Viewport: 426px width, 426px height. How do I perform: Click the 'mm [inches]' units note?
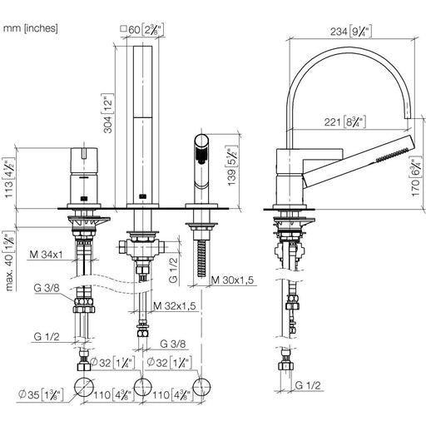point(31,28)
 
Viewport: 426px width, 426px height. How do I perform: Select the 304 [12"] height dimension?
point(108,113)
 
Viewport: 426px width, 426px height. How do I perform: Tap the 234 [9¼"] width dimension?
point(350,32)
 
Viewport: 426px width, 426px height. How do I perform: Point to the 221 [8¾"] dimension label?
point(344,122)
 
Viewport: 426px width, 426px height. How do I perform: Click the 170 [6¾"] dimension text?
point(417,177)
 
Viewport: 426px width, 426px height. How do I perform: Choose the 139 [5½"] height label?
point(232,166)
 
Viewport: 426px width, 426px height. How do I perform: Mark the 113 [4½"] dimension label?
point(9,178)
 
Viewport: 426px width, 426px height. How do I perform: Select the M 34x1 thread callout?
point(46,255)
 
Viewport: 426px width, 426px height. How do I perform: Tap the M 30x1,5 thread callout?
point(232,280)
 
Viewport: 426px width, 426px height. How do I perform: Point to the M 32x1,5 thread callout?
point(175,306)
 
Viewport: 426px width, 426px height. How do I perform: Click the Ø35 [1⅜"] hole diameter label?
point(41,394)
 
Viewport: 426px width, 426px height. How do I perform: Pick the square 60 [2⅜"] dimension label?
point(142,29)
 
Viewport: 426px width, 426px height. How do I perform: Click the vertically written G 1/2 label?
point(173,270)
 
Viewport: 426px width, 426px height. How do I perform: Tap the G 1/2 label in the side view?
point(308,385)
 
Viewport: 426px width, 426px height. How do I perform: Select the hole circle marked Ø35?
point(84,387)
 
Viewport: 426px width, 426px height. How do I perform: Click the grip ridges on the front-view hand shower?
point(201,155)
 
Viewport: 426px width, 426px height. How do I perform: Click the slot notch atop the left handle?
point(82,153)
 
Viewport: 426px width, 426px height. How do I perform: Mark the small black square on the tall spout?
point(142,196)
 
